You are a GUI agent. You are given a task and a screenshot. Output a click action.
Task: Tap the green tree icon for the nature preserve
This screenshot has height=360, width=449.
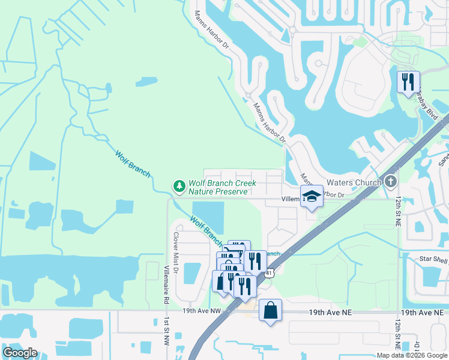point(179,187)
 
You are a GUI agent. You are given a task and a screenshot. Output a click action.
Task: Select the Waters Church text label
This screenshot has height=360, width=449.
point(354,182)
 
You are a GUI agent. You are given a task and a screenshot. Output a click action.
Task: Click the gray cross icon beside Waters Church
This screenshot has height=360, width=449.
point(391,181)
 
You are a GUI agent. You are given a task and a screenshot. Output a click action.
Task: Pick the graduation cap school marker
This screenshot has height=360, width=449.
point(312,196)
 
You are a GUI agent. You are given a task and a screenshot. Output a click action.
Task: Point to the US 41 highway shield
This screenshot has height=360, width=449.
point(270,274)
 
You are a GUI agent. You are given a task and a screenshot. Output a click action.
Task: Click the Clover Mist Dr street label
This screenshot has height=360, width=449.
point(176,253)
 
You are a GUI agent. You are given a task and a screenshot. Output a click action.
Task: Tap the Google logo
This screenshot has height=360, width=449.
point(20,352)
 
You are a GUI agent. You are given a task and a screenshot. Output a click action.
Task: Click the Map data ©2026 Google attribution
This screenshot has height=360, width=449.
point(412,355)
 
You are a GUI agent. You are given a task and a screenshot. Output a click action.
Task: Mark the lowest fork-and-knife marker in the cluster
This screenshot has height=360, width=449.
point(245,286)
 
